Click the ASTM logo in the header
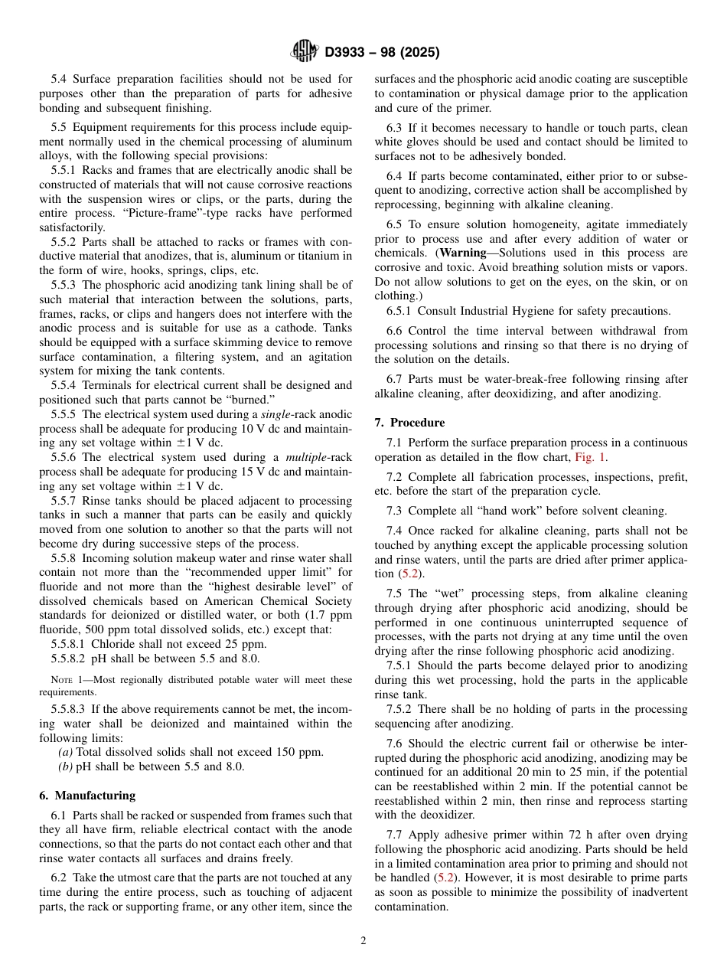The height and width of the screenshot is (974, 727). point(304,52)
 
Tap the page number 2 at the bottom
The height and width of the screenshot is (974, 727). point(363,941)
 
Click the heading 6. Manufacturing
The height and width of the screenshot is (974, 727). point(87,796)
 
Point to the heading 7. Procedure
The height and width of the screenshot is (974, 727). point(409,423)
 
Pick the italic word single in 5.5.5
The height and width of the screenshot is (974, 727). point(279,414)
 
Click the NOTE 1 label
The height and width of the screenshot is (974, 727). point(56,680)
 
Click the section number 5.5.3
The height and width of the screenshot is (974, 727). point(67,285)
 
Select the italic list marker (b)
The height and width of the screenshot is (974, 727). point(66,766)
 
